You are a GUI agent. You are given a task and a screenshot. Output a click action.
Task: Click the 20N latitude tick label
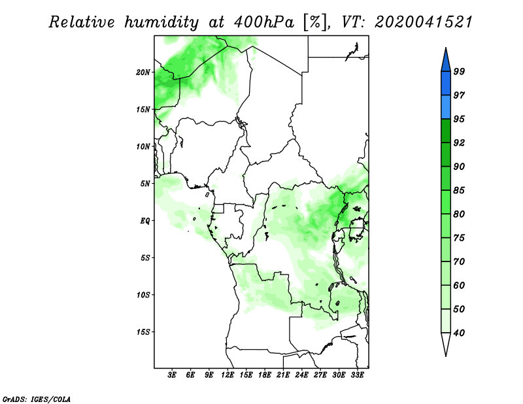(143, 72)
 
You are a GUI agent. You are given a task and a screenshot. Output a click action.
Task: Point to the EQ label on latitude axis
(145, 220)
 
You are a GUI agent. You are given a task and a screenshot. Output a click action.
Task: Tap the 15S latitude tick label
(143, 332)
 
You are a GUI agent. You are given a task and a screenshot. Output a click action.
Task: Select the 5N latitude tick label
(145, 184)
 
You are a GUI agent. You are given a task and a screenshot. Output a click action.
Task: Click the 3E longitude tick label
(172, 375)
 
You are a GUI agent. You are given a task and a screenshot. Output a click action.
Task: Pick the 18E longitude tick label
(265, 375)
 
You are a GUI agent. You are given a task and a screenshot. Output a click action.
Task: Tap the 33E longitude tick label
(357, 375)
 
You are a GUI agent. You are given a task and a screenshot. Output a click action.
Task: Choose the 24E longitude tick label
(301, 375)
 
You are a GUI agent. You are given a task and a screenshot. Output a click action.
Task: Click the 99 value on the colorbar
(459, 71)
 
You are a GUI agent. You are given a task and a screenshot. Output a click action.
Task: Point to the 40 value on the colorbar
(459, 333)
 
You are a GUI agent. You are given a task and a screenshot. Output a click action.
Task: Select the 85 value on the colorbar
(459, 190)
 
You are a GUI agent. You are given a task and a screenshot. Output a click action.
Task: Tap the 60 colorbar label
(459, 285)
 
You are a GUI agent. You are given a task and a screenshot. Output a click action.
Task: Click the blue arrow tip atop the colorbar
(446, 48)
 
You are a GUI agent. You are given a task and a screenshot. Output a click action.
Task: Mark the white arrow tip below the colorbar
(446, 356)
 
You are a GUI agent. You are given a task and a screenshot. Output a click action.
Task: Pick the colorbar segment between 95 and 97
(446, 107)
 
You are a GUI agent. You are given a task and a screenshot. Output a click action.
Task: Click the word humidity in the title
(161, 22)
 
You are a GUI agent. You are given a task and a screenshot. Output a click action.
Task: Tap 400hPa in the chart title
(264, 22)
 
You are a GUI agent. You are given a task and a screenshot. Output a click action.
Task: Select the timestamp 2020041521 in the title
(424, 22)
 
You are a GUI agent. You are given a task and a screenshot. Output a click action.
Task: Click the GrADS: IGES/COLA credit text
(37, 399)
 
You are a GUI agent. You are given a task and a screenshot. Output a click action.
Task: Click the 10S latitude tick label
(143, 295)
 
